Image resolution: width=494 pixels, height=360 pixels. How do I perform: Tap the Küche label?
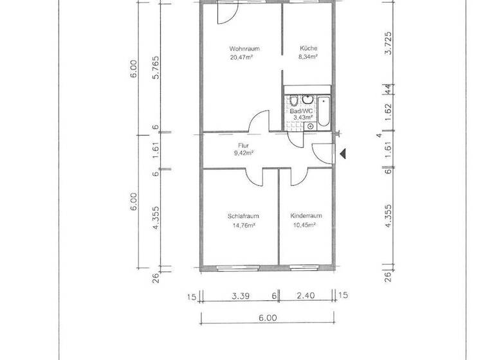click(307, 49)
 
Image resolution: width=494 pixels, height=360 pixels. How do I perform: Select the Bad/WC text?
click(301, 111)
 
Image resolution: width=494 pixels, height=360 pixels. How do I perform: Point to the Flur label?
click(243, 146)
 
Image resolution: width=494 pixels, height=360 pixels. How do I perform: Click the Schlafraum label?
click(243, 216)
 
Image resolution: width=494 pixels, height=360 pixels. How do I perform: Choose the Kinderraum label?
click(306, 216)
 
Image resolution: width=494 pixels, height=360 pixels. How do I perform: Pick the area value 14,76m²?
click(243, 225)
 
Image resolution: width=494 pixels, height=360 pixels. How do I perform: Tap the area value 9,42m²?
click(243, 154)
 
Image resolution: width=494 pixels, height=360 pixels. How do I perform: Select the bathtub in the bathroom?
click(324, 110)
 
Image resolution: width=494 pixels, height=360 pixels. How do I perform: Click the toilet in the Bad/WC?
click(293, 101)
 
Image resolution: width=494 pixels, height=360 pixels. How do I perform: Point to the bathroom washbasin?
click(307, 100)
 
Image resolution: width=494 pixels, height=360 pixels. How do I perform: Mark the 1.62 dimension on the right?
click(388, 109)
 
